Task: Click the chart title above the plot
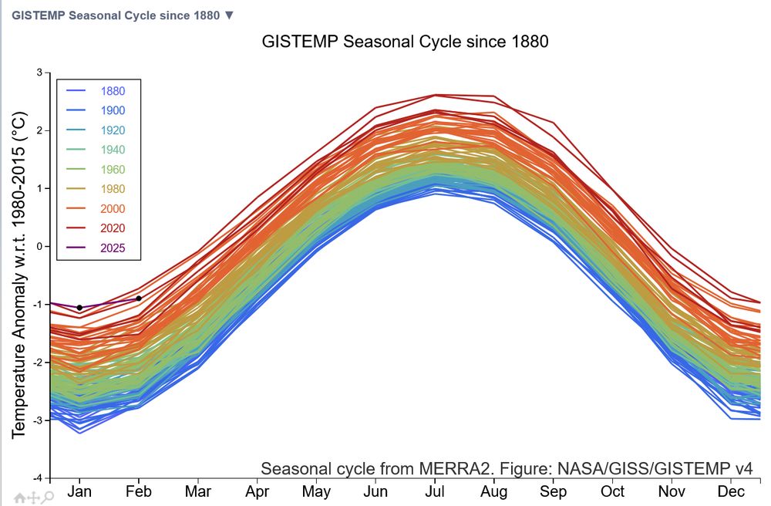point(405,42)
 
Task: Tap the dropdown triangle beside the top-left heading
point(228,15)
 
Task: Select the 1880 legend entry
point(112,91)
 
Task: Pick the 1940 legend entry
point(112,150)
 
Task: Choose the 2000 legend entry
point(112,208)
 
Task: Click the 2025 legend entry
point(112,248)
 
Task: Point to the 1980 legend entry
point(112,189)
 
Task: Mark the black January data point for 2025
point(79,308)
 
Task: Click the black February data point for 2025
point(139,299)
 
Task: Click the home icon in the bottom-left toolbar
point(20,498)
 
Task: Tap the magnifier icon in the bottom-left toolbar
point(48,498)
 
